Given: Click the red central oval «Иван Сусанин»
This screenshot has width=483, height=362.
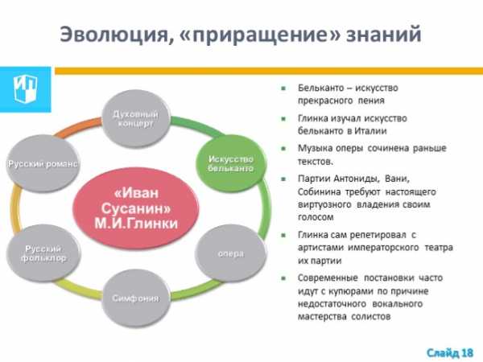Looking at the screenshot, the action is coord(136,208).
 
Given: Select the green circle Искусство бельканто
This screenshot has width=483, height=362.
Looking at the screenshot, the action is coord(231,164).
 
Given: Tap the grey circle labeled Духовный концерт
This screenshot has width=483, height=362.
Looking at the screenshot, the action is coord(136,119).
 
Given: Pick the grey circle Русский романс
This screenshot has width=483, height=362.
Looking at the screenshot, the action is coord(42,163).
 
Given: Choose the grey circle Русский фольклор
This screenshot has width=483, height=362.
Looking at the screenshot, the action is coord(43,253).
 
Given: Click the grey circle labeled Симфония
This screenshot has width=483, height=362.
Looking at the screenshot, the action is coord(136,298).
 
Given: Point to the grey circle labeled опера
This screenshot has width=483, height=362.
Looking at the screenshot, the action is coord(231,253).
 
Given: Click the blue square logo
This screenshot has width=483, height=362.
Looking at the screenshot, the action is coord(26,89).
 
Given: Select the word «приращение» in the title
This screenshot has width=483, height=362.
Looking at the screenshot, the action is coord(259,35).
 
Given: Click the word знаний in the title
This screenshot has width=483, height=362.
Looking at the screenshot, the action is coord(383,34).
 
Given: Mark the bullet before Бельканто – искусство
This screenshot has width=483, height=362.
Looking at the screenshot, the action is coord(283,88).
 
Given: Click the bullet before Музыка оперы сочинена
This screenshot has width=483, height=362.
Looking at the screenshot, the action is coord(283,149).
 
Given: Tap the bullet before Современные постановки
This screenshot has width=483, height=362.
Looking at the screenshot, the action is coord(283,278).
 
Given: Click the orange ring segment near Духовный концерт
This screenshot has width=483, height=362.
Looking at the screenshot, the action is coord(79,127).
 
